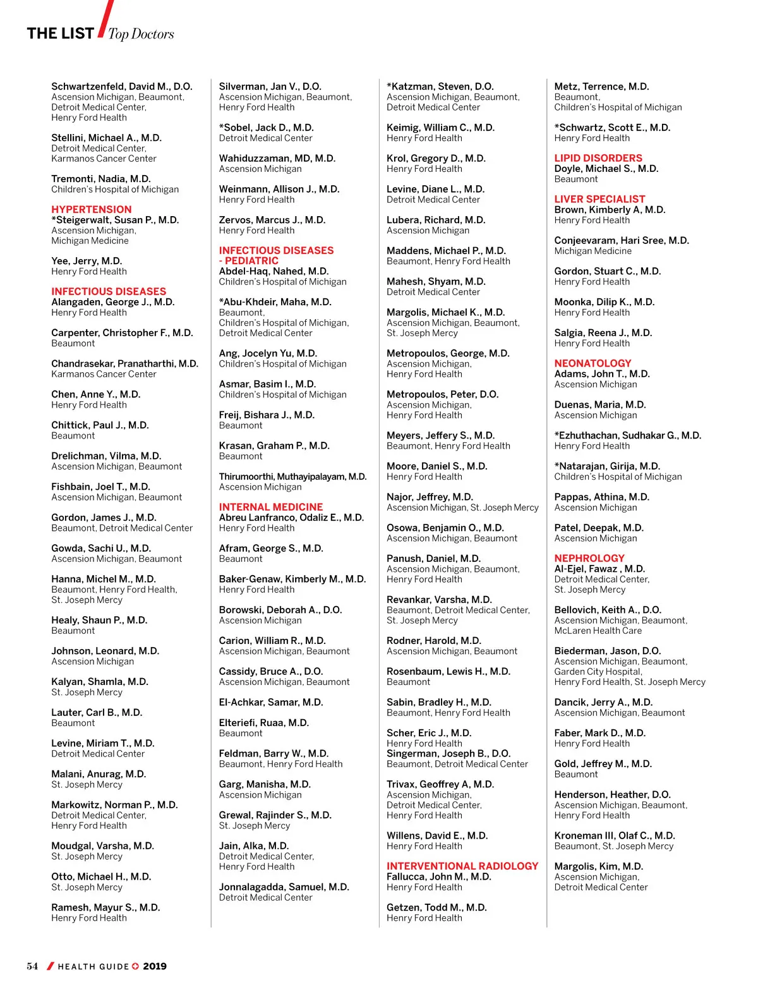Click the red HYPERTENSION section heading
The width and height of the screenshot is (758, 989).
pos(92,209)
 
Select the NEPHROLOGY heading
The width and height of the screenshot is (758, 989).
pos(589,558)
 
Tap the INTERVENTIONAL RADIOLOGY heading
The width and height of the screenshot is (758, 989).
pos(462,866)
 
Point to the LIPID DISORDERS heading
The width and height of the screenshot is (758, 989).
pos(598,158)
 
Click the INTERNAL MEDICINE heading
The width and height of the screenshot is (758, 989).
pos(270,507)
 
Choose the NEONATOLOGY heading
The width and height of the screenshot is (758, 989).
pos(593,363)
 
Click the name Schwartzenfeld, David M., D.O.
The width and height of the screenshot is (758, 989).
pos(121,87)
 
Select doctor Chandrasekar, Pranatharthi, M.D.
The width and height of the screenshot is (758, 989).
pos(124,363)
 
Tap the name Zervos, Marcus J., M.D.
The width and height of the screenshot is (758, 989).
pos(272,220)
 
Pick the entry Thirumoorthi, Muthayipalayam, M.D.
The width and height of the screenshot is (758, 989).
pos(292,476)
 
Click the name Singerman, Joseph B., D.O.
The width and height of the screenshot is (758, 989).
pos(448,753)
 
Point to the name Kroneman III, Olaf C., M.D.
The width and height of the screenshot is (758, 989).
pos(614,835)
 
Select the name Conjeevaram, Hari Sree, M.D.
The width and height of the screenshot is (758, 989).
pos(621,240)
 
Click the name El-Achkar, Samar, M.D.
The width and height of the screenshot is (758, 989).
pos(270,702)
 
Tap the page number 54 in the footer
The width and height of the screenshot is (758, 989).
pos(32,966)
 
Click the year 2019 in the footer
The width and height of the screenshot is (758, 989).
pos(155,966)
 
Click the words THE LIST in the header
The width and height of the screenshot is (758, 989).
pos(60,33)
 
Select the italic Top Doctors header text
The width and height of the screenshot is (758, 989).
pos(141,34)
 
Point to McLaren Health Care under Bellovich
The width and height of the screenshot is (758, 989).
pos(598,631)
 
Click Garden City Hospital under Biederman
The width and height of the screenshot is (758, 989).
pos(598,672)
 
